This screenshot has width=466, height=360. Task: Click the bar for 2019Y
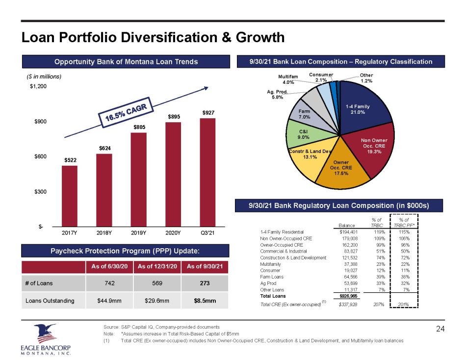tap(139, 179)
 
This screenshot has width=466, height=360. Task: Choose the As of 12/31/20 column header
tap(156, 266)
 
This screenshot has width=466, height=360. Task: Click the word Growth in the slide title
tap(257, 37)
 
